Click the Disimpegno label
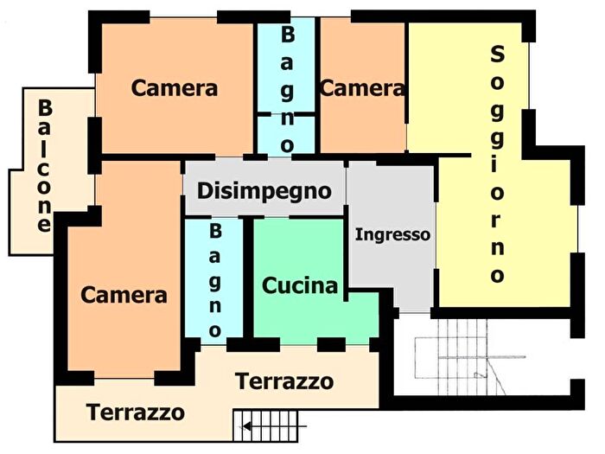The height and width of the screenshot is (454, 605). [264, 190]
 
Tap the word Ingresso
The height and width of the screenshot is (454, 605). [392, 234]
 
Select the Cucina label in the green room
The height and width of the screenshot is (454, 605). [300, 285]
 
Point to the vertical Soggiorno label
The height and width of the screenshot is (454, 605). [497, 164]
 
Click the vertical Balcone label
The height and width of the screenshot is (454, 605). [44, 164]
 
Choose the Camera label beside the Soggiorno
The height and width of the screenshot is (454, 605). [361, 88]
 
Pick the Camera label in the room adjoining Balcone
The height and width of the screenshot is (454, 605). [174, 88]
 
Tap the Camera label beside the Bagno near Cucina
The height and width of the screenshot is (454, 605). [124, 295]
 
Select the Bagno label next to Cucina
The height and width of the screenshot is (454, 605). [215, 281]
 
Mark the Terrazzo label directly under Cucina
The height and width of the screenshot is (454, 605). [284, 381]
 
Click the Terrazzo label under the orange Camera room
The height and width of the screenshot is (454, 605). [136, 412]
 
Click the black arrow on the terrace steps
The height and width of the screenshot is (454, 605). [250, 425]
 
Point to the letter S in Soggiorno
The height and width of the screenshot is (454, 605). [497, 54]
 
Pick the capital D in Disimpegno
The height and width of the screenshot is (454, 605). [205, 189]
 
